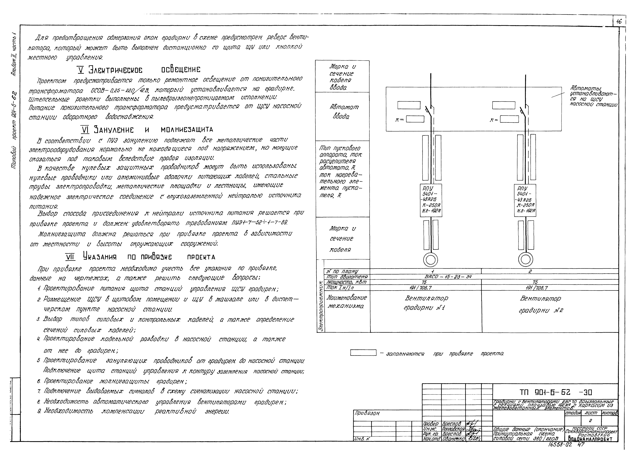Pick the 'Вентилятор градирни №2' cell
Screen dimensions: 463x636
[x=540, y=304]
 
